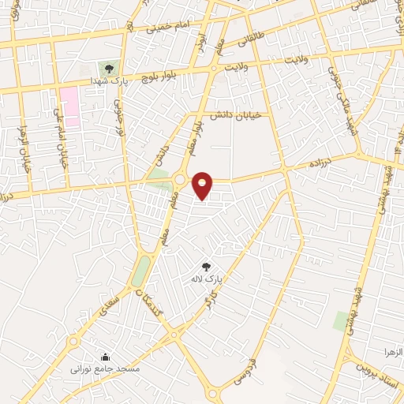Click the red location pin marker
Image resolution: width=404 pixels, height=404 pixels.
coord(203,185)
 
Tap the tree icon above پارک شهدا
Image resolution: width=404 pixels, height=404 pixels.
coord(109,69)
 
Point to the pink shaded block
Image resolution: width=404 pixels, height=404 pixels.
coord(69,107)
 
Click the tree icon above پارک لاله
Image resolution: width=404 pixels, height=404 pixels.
coord(207,267)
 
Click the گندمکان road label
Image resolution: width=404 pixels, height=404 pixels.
coord(153,299)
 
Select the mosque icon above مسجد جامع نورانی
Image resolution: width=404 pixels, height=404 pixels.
coord(107,357)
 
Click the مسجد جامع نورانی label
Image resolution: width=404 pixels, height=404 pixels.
coord(115,368)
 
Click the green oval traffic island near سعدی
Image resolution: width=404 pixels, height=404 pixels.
coord(140,272)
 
